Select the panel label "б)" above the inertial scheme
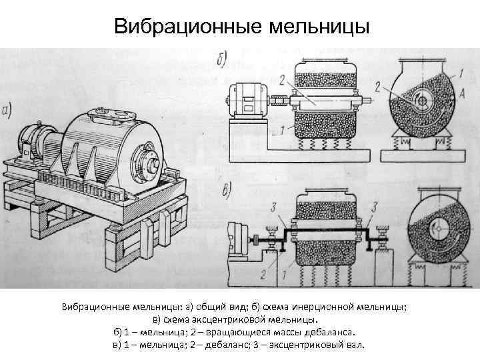[221, 59]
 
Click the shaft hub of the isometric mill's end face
[152, 163]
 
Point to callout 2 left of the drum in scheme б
[283, 80]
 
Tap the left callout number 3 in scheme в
[273, 209]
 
